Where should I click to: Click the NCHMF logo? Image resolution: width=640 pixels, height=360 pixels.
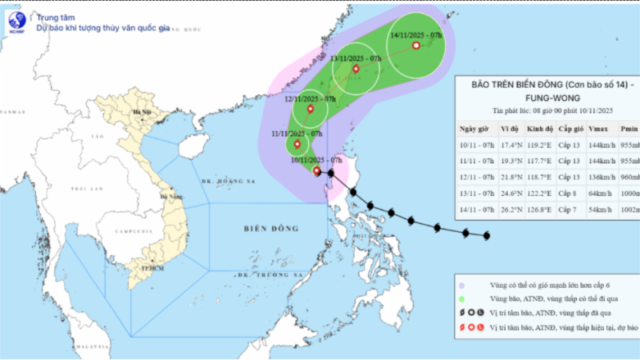pos(17,22)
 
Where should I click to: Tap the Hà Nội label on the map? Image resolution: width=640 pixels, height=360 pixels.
pos(145,112)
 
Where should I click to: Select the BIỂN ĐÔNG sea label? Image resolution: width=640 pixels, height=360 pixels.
pos(272,229)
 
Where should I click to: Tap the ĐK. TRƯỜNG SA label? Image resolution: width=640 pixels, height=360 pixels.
pos(280,274)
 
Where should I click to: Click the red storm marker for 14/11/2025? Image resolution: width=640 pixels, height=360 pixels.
pos(416,46)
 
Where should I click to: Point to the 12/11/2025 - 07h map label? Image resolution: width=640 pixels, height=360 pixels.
pos(308,98)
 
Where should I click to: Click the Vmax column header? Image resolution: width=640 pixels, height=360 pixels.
pos(596,129)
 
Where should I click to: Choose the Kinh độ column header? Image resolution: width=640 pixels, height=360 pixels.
pos(540,129)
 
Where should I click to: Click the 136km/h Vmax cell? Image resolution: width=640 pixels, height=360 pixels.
pos(598,177)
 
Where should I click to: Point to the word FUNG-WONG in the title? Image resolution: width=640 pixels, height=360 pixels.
pos(544,97)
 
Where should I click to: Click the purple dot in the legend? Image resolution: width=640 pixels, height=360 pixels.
pos(462,284)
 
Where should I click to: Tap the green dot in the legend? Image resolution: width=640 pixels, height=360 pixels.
pos(462,298)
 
